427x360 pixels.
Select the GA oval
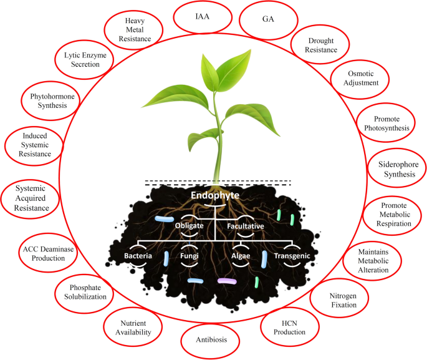tap(269, 19)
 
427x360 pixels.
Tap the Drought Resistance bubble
tap(322, 45)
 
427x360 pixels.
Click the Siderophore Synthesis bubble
tap(391, 168)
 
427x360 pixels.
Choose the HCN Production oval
tap(289, 327)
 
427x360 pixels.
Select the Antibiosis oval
tap(211, 339)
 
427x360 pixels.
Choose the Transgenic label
tap(292, 256)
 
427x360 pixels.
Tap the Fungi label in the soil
tap(190, 256)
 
